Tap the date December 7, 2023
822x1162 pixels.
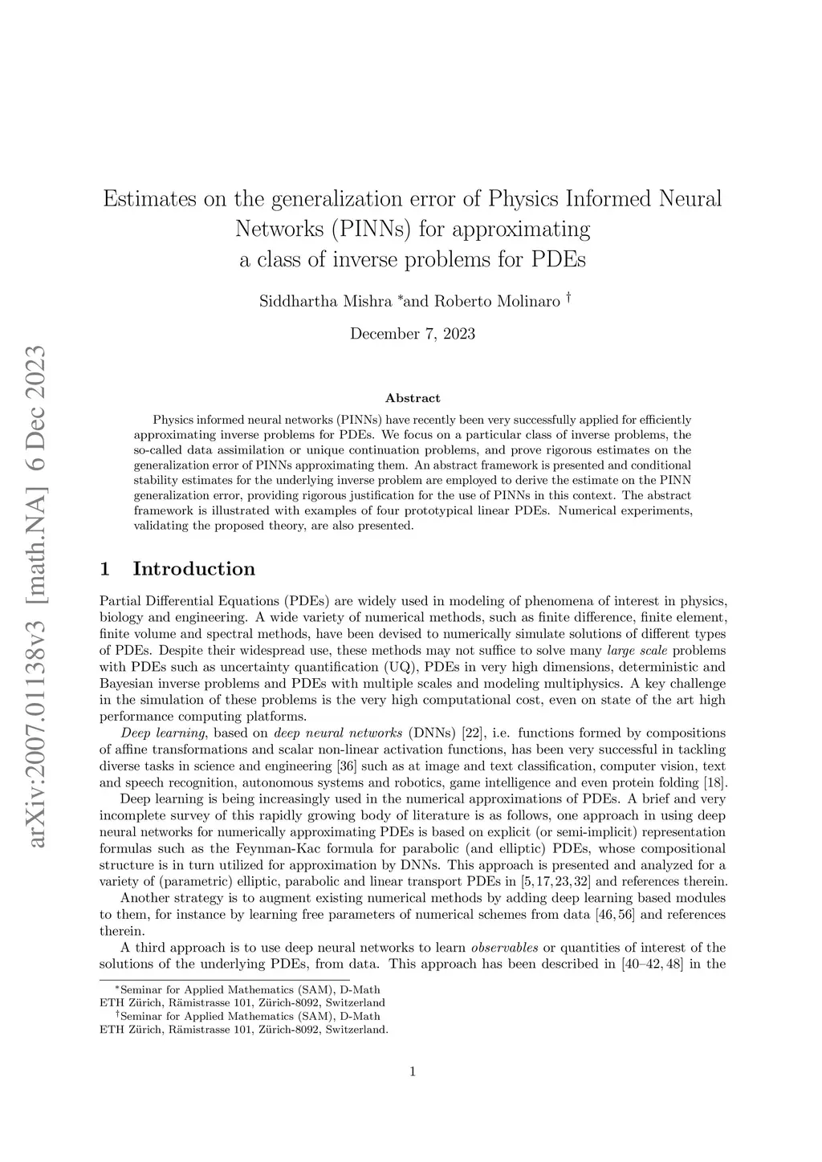tap(413, 334)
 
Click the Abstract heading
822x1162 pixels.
tap(413, 398)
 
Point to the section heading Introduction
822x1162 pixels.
tap(193, 569)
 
